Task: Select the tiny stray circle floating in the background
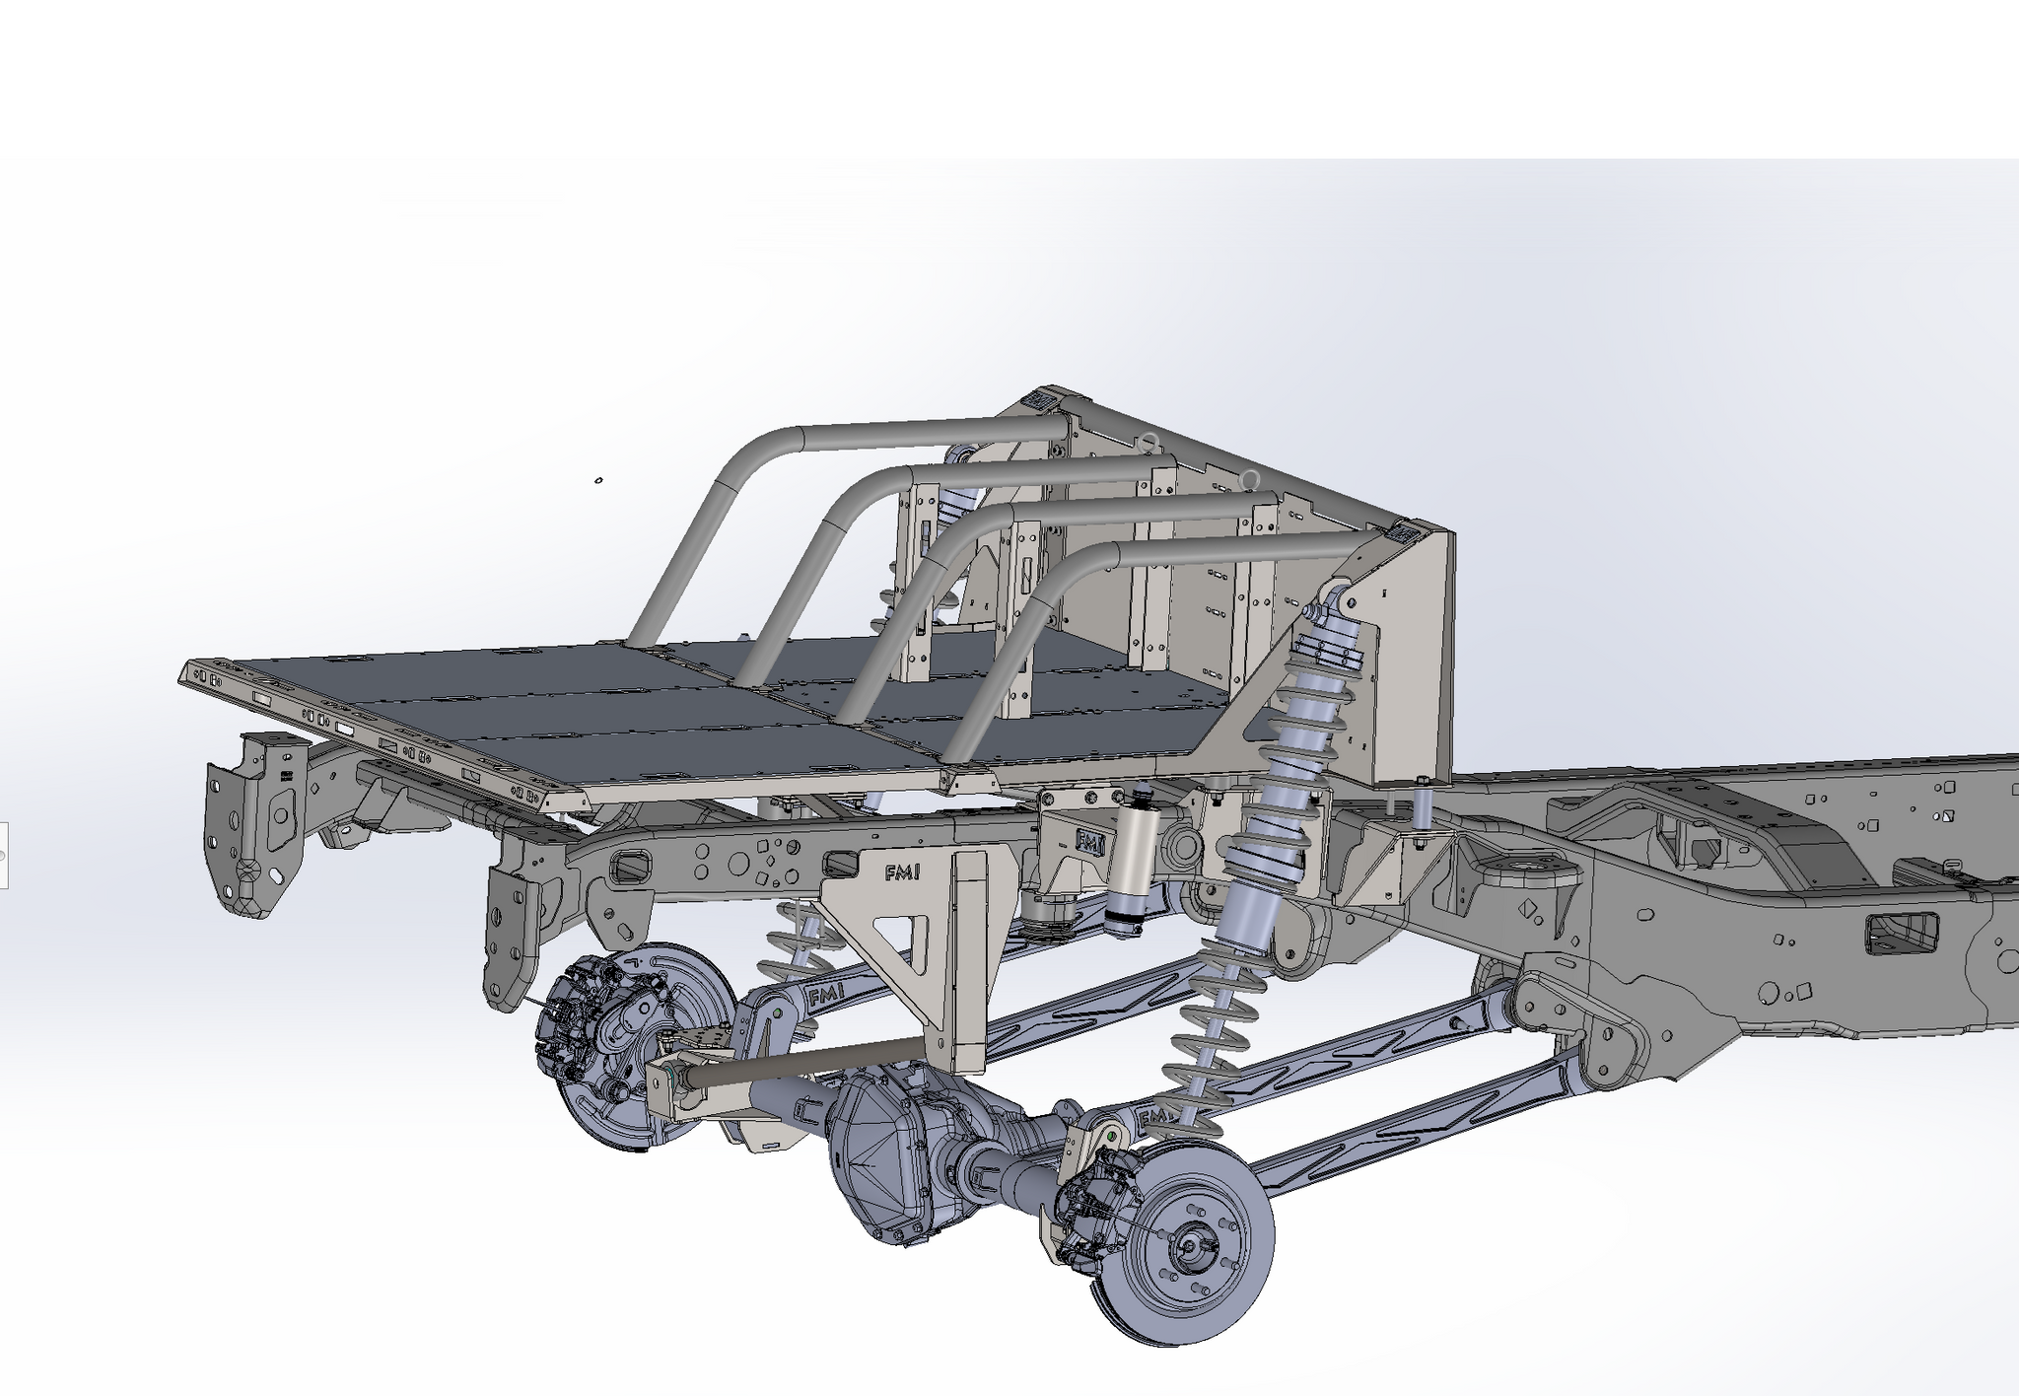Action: [x=597, y=481]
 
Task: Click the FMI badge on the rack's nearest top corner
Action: [x=1404, y=532]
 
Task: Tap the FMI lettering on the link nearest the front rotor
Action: [x=1149, y=1119]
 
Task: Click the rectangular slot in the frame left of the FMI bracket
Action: [x=632, y=869]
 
